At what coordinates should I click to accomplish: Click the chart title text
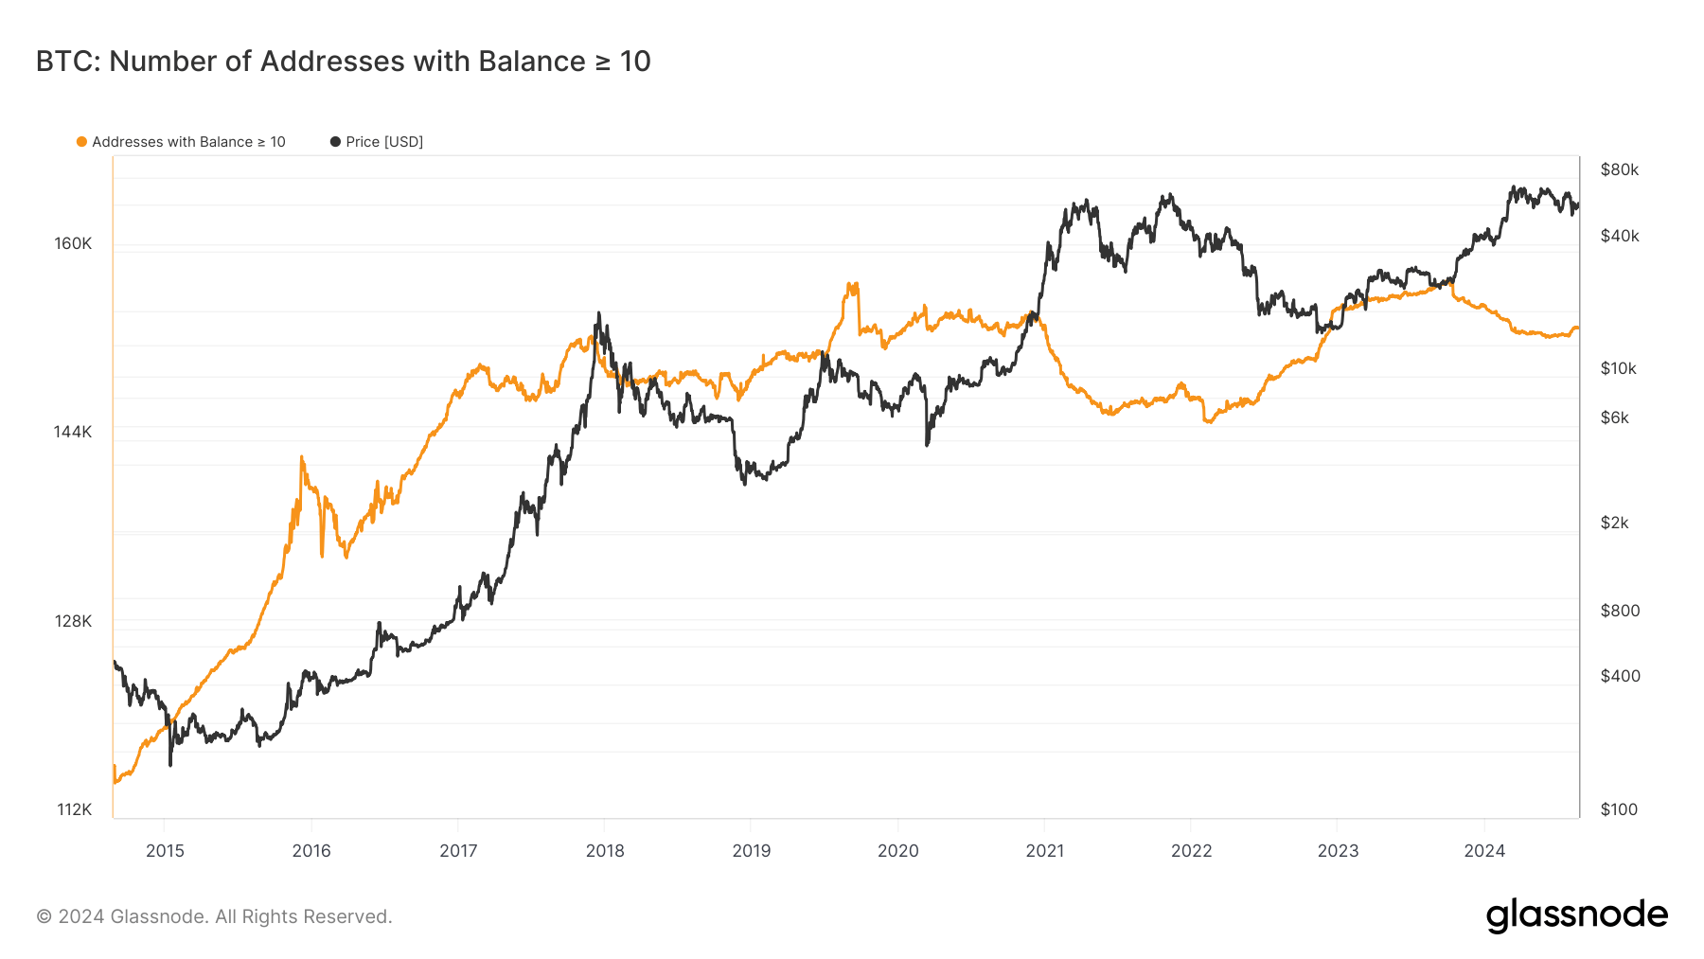[343, 62]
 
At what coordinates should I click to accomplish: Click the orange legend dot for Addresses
[81, 142]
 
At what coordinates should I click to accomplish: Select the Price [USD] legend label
[383, 142]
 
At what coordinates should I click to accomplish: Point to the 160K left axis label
[73, 243]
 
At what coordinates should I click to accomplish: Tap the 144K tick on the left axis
[73, 432]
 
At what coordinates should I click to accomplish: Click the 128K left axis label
[73, 621]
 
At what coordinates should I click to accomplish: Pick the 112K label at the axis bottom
[75, 809]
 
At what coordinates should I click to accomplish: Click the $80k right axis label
[1619, 169]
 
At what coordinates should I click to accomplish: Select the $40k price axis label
[1619, 236]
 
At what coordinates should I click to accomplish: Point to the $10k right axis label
[1618, 368]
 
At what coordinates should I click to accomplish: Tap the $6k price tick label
[1614, 417]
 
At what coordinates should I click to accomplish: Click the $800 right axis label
[1620, 611]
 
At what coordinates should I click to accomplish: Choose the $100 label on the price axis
[1619, 809]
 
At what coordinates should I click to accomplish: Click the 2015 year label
[165, 850]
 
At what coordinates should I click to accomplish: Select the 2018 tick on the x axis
[605, 850]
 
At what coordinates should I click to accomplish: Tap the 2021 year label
[1044, 850]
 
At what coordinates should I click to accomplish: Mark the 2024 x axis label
[1484, 850]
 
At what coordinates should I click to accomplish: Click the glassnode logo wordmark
[1576, 915]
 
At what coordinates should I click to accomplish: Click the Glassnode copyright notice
[214, 916]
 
